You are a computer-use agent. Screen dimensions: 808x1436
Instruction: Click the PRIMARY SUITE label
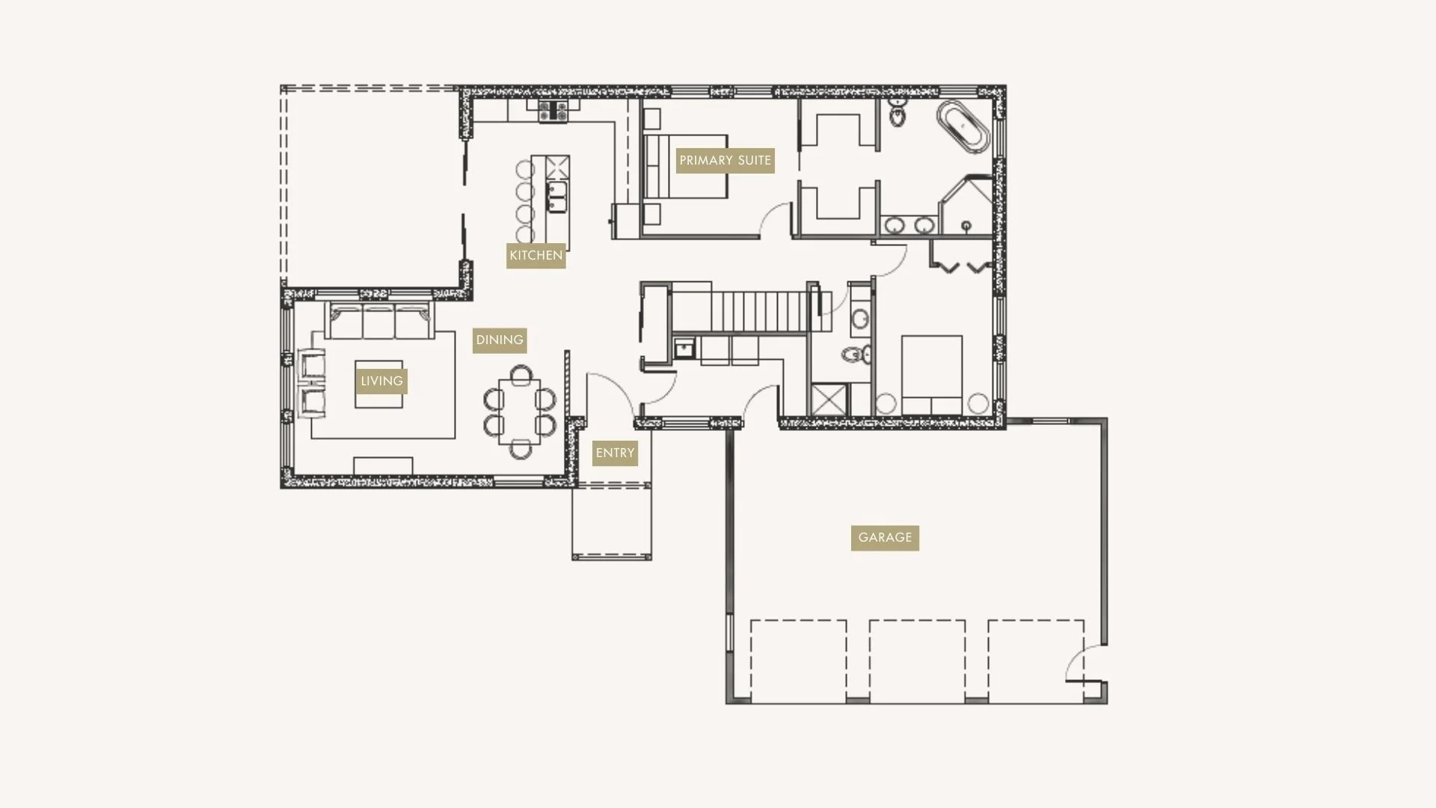pyautogui.click(x=725, y=161)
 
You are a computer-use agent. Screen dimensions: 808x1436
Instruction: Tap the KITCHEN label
pyautogui.click(x=536, y=256)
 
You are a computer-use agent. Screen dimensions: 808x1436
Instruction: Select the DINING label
pyautogui.click(x=500, y=340)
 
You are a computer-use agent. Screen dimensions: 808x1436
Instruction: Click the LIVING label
pyautogui.click(x=381, y=382)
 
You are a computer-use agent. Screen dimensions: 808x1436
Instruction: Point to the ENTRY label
pyautogui.click(x=615, y=453)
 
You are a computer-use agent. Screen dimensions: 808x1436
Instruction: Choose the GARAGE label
pyautogui.click(x=885, y=538)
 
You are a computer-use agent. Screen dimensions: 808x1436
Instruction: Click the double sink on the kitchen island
pyautogui.click(x=556, y=197)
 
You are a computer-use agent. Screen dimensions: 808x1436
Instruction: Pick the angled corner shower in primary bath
pyautogui.click(x=967, y=206)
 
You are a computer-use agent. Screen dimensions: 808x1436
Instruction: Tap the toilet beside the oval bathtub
pyautogui.click(x=897, y=114)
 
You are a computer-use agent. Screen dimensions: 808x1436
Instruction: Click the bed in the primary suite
pyautogui.click(x=685, y=167)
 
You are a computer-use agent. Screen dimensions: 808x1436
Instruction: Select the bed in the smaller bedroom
pyautogui.click(x=931, y=374)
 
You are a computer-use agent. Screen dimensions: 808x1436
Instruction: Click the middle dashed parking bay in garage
pyautogui.click(x=917, y=660)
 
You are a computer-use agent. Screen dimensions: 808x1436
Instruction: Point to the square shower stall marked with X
pyautogui.click(x=828, y=399)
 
